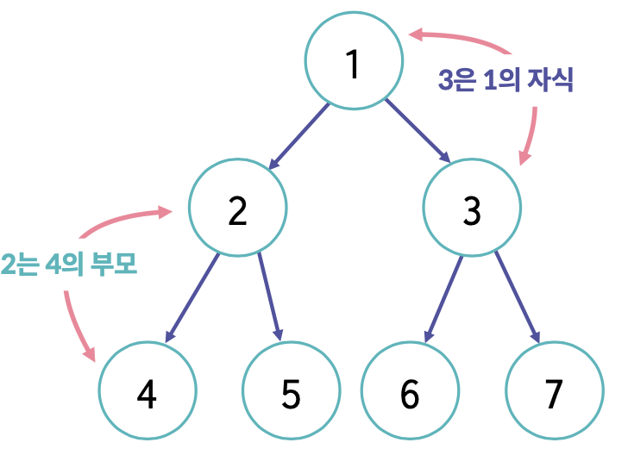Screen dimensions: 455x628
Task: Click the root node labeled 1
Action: [354, 61]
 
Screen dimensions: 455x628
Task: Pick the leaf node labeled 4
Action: [148, 393]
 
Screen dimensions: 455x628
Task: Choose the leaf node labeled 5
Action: [291, 393]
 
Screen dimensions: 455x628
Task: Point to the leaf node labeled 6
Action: [410, 393]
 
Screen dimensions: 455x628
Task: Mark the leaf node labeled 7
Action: [554, 393]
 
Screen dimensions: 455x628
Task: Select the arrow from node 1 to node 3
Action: [418, 131]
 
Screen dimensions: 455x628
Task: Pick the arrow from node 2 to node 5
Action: [270, 296]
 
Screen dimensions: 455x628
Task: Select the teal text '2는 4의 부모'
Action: [69, 263]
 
